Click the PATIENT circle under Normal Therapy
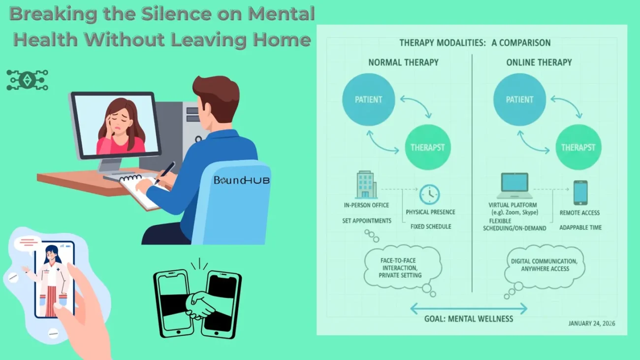(368, 99)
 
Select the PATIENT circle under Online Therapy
(519, 99)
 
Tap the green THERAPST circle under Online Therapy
(578, 147)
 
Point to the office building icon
(366, 185)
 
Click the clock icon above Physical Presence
(429, 195)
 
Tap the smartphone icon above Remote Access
(580, 193)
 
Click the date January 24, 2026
(591, 324)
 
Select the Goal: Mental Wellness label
(468, 319)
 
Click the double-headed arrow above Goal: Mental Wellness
(468, 309)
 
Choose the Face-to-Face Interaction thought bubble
(400, 267)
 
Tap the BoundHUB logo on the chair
(241, 180)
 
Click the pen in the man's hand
(164, 173)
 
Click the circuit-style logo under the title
(27, 80)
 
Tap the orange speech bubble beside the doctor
(28, 243)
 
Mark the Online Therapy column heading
(539, 63)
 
